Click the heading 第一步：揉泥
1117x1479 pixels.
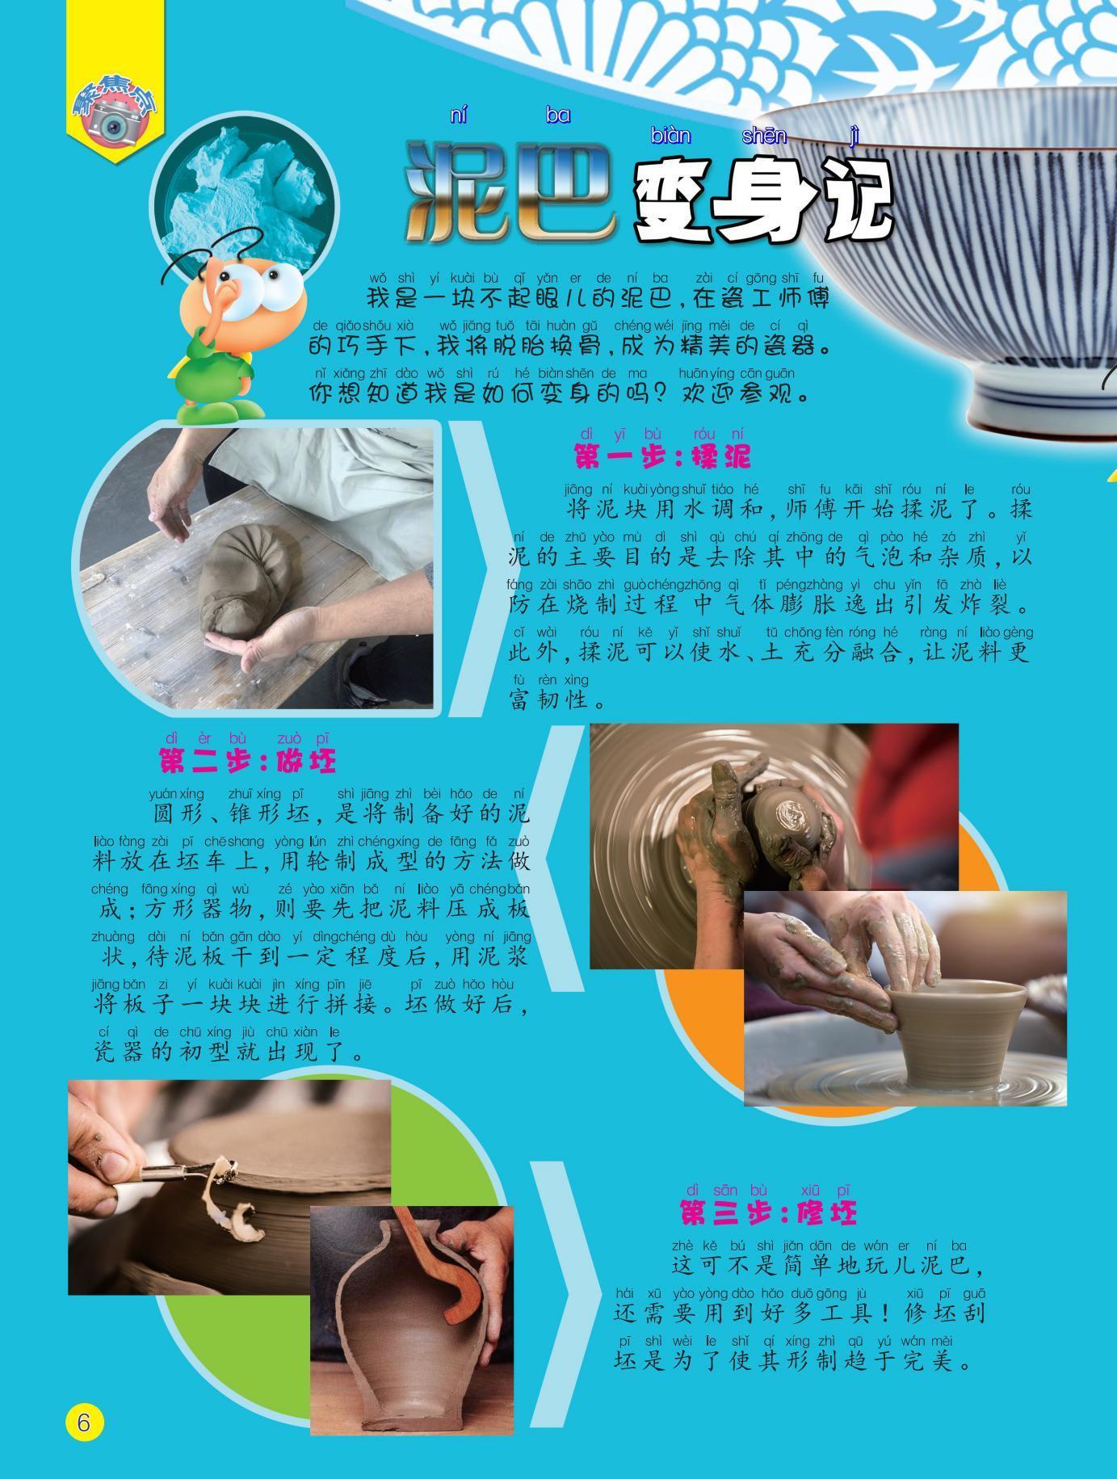click(661, 457)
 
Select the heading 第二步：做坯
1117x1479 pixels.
click(246, 760)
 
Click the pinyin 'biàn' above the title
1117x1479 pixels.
click(670, 137)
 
